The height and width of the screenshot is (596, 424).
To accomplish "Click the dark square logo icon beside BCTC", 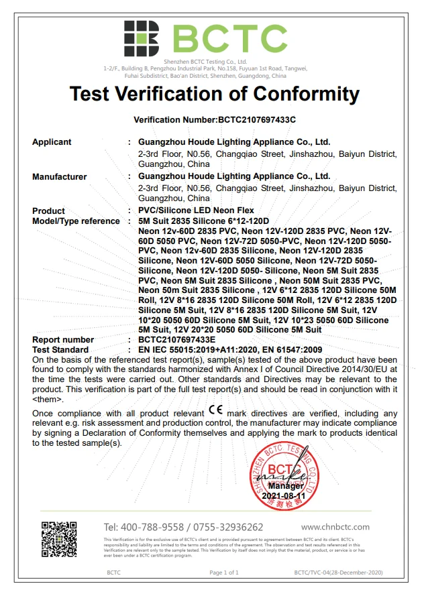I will tap(141, 38).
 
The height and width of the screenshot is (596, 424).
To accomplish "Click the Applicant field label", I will tap(52, 142).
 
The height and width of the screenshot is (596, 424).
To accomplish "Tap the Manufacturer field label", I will tap(60, 177).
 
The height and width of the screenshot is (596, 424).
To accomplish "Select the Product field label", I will tap(49, 211).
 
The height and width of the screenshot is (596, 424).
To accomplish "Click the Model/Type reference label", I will tap(76, 221).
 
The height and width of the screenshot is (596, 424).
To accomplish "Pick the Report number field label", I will tap(63, 340).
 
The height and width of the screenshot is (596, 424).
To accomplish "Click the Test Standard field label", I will tap(60, 350).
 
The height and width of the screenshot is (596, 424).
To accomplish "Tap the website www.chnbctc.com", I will tap(335, 527).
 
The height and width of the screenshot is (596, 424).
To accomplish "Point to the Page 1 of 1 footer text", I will tap(224, 573).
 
